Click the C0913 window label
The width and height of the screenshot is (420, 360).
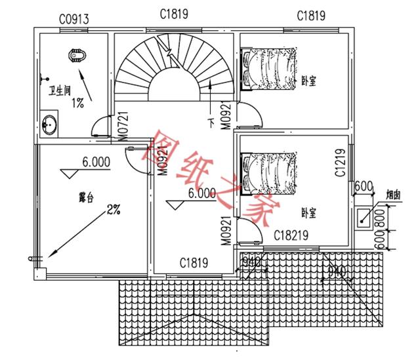pyautogui.click(x=73, y=18)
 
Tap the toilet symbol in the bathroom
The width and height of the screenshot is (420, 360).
pyautogui.click(x=78, y=56)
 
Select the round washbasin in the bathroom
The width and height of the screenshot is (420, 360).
pyautogui.click(x=49, y=124)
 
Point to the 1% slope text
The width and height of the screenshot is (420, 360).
pyautogui.click(x=77, y=102)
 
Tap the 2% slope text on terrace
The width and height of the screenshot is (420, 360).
pyautogui.click(x=114, y=210)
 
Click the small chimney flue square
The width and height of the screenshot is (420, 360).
pyautogui.click(x=363, y=217)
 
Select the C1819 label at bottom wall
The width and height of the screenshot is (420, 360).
pyautogui.click(x=194, y=263)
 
